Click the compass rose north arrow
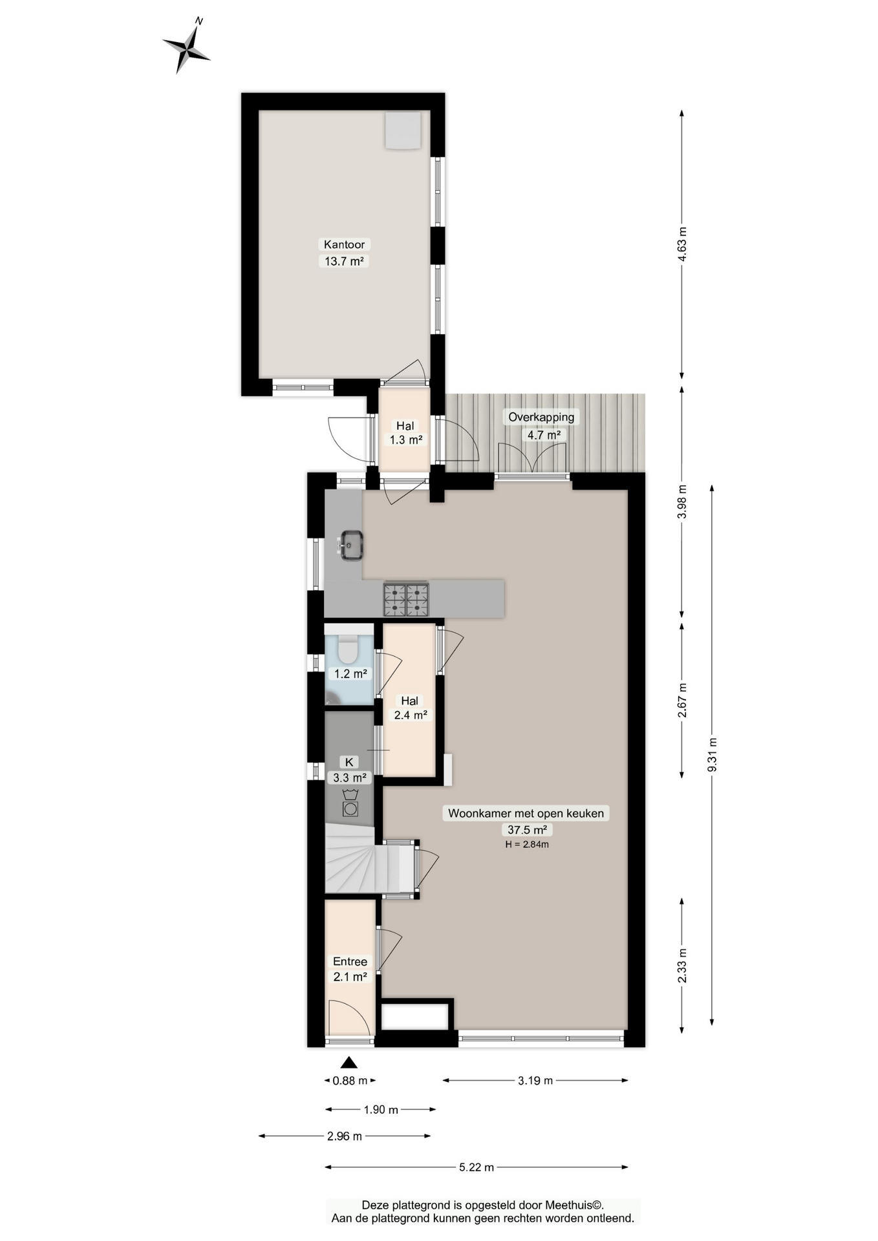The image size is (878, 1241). [x=186, y=46]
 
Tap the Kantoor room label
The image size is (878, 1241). [x=344, y=244]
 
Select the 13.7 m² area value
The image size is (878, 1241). [x=343, y=261]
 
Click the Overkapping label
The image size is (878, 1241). [x=541, y=417]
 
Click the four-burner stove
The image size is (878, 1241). [x=406, y=599]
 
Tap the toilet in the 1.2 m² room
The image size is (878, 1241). [x=348, y=649]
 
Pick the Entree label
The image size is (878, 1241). [x=350, y=961]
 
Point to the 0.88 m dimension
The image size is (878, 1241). [x=350, y=1080]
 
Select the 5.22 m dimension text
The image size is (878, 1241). [x=476, y=1167]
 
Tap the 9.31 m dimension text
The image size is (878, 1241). [x=712, y=755]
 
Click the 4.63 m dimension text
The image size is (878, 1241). [x=681, y=244]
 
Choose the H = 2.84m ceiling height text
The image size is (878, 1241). [x=527, y=844]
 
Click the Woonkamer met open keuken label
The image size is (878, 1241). [x=526, y=813]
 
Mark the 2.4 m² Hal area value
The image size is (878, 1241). [x=411, y=715]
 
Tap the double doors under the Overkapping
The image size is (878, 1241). [x=533, y=460]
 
